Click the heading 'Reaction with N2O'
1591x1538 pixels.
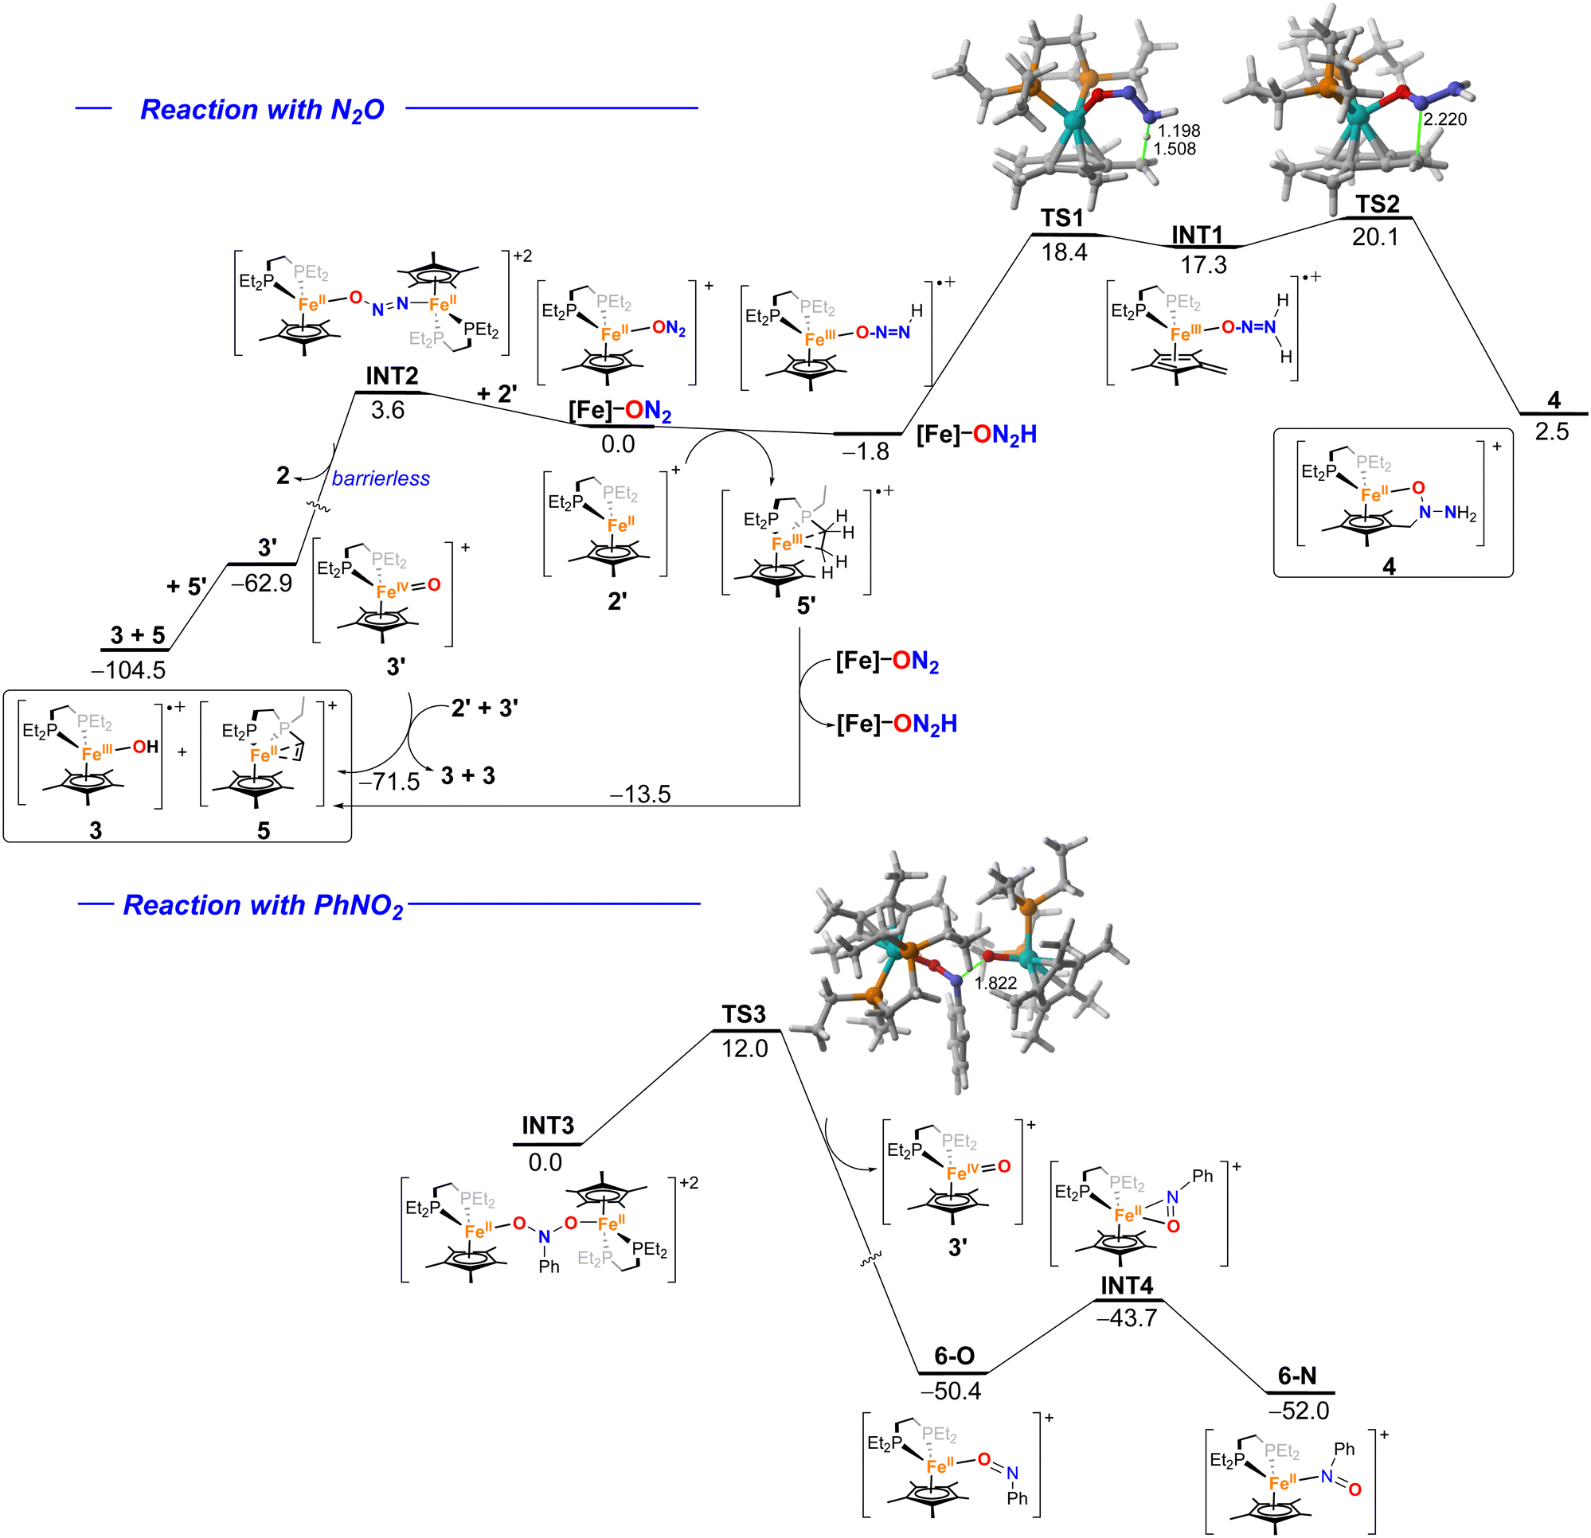(262, 110)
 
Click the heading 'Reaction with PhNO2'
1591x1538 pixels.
(263, 905)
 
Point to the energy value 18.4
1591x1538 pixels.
(1064, 252)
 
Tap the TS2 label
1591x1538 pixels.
(1378, 204)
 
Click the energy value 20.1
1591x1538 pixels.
(1375, 237)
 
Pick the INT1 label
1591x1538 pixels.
(1197, 236)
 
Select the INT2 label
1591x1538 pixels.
(392, 376)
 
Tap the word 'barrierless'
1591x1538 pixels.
(381, 479)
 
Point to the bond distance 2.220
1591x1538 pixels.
(1445, 119)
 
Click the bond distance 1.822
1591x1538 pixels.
(995, 983)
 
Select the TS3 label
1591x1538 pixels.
(744, 1014)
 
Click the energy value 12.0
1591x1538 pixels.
(745, 1048)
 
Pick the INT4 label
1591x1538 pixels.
(1127, 1286)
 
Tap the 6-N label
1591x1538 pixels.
(1297, 1376)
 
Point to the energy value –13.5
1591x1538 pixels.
(640, 794)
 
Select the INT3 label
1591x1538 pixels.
(548, 1126)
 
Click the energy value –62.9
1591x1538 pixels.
(261, 583)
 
